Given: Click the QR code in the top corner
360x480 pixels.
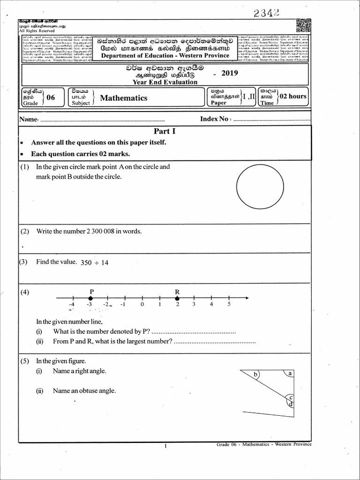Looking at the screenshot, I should [x=304, y=25].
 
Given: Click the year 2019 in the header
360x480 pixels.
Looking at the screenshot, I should [x=229, y=73].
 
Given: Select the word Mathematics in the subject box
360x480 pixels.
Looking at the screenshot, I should [x=123, y=98].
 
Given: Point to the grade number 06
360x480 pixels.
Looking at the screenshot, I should [x=51, y=97].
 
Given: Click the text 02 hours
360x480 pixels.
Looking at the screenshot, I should [x=293, y=96].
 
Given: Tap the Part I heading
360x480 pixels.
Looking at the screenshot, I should [x=161, y=132].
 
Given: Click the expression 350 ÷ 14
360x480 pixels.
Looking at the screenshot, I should [x=95, y=263].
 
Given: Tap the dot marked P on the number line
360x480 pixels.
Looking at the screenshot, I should [x=92, y=298].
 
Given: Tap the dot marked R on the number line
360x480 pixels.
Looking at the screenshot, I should [x=177, y=298].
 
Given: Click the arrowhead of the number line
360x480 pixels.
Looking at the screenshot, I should [x=247, y=298].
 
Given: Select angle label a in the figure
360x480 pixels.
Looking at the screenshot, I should [x=290, y=374].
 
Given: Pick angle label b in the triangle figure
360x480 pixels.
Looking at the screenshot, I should [x=255, y=375].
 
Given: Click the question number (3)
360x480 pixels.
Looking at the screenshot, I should [x=24, y=262].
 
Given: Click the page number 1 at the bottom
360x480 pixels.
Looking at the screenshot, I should [x=165, y=446].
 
